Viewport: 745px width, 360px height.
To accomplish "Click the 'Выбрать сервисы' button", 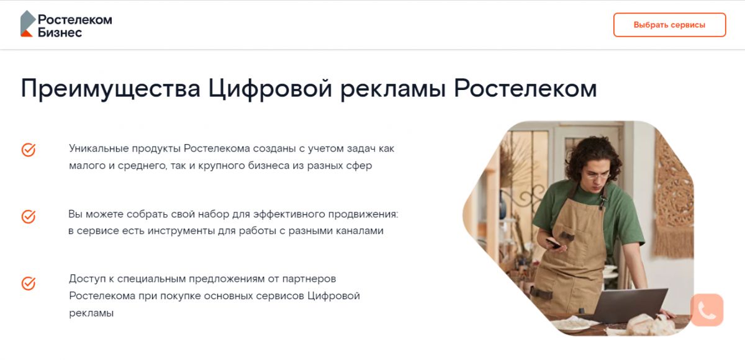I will click(669, 25).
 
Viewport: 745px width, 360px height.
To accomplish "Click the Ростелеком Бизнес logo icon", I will click(27, 24).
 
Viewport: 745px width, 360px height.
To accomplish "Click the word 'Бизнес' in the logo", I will click(60, 32).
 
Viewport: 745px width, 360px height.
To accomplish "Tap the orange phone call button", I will click(707, 310).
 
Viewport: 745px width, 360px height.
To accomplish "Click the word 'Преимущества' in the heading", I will click(111, 89).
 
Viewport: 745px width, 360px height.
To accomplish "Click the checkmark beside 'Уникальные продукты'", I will click(29, 150).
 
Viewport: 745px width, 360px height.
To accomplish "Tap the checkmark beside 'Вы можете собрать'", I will click(29, 217).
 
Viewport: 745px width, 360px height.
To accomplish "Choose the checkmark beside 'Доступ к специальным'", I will click(29, 284).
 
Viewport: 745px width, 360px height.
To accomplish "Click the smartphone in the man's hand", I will click(554, 243).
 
